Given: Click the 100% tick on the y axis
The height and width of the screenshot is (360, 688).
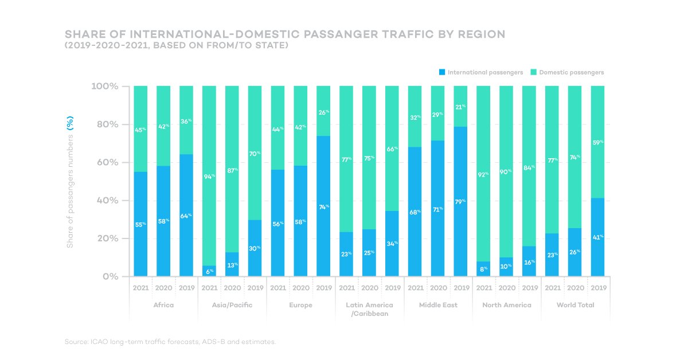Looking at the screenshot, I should coord(104,87).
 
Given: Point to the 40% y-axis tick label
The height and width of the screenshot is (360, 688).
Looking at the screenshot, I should coord(107,201).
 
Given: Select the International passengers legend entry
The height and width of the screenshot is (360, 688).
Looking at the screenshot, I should coord(481,73).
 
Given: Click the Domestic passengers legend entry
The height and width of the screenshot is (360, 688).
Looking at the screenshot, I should coord(567,73).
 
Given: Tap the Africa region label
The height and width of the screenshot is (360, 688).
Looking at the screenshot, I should coord(163,305).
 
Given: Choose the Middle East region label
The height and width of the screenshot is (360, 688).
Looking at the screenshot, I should coord(438,305).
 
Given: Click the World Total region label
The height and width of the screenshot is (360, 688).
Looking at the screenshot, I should coord(575,305).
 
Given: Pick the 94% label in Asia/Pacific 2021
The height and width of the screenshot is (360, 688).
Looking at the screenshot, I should coord(209,177).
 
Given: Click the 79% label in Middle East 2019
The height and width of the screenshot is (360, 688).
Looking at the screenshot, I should coord(460,201).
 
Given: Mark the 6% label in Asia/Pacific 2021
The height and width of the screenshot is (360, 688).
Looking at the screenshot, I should coord(209,272).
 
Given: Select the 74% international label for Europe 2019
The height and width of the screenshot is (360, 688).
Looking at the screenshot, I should coord(323,206).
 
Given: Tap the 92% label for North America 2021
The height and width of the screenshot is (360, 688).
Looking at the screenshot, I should coord(483,174).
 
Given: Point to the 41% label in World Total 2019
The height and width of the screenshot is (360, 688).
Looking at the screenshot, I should coord(597,236).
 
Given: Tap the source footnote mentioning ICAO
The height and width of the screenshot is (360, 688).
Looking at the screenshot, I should coord(170,342).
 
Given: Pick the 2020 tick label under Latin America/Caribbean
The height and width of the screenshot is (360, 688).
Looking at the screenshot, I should coord(369,288).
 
